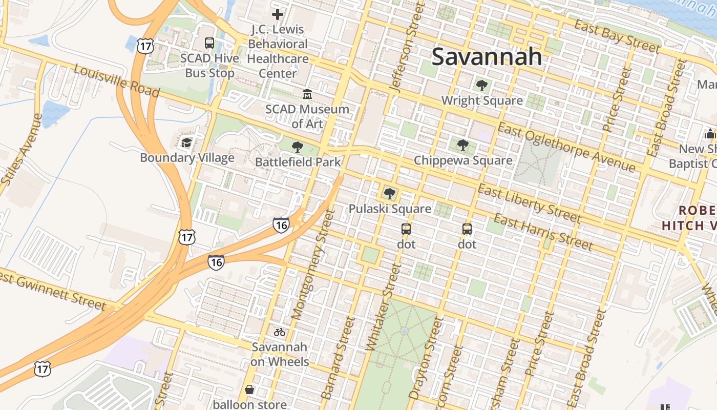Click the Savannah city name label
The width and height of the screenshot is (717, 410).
tap(487, 56)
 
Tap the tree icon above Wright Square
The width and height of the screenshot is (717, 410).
tap(481, 86)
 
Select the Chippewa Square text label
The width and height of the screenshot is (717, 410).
tap(463, 160)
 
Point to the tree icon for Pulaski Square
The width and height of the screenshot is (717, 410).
tap(390, 193)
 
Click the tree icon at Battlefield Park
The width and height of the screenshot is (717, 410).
tap(297, 148)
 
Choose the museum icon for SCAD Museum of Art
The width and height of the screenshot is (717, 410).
tap(307, 94)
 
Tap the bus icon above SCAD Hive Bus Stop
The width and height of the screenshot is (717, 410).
tap(209, 43)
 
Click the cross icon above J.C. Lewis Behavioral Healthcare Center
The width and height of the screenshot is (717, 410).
tap(278, 14)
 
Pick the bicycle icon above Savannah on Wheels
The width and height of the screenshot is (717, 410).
tap(279, 332)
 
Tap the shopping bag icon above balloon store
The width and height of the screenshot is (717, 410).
tap(249, 390)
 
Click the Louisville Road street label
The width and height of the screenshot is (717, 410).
tap(116, 80)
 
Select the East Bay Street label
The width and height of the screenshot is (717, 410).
tap(617, 36)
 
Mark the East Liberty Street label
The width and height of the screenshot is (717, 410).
tap(530, 204)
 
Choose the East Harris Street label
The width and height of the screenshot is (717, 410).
tap(543, 233)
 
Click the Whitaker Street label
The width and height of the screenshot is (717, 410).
tap(384, 306)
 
